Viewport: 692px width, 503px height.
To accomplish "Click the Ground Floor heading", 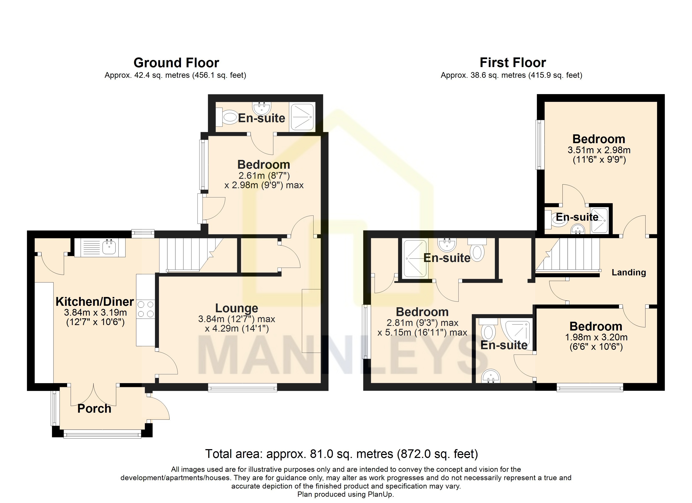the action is pyautogui.click(x=176, y=63).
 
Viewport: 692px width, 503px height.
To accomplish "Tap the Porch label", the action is pyautogui.click(x=94, y=409).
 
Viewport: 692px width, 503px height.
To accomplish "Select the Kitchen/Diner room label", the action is pyautogui.click(x=95, y=302).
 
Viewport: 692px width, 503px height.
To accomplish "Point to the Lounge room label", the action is pyautogui.click(x=237, y=308).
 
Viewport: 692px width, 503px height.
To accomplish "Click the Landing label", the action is pyautogui.click(x=629, y=272).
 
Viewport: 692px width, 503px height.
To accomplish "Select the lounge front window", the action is pyautogui.click(x=243, y=388).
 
